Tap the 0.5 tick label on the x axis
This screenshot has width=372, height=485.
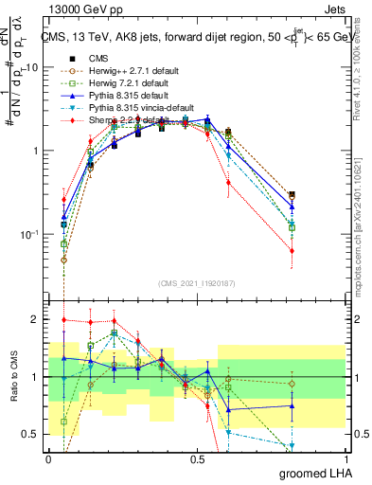click(197, 458)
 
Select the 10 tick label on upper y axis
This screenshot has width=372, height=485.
click(32, 68)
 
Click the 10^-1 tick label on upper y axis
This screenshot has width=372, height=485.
click(28, 234)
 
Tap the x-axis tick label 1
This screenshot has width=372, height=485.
click(346, 458)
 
